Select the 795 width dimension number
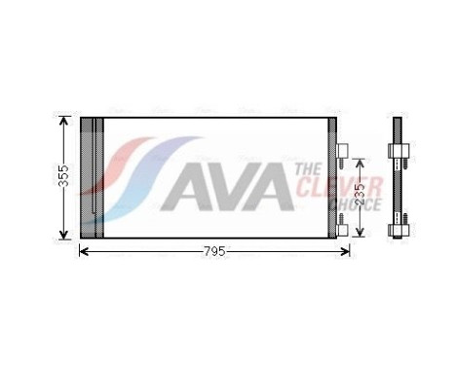[214, 251]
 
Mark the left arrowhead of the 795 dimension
[83, 251]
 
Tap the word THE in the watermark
[308, 169]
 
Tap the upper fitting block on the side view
[398, 152]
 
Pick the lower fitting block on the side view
[398, 230]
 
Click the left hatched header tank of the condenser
[91, 178]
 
